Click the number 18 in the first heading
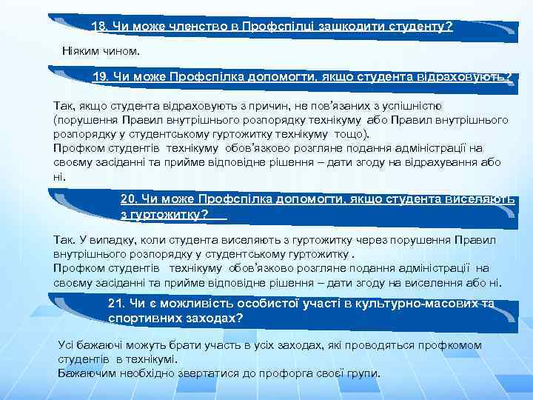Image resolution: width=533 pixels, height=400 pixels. (98, 26)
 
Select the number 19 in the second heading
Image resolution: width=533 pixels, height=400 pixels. (100, 76)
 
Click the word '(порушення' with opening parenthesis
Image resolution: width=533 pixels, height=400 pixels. (82, 119)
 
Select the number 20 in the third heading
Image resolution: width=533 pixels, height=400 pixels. (127, 199)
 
